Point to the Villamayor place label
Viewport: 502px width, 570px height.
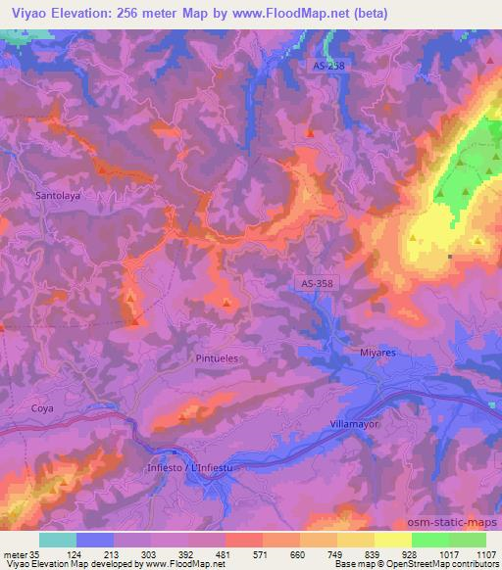click(x=354, y=422)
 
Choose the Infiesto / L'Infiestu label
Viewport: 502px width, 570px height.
click(x=192, y=468)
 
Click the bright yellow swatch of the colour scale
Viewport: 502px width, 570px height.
click(x=392, y=539)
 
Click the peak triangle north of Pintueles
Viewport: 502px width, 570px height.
click(x=227, y=303)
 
